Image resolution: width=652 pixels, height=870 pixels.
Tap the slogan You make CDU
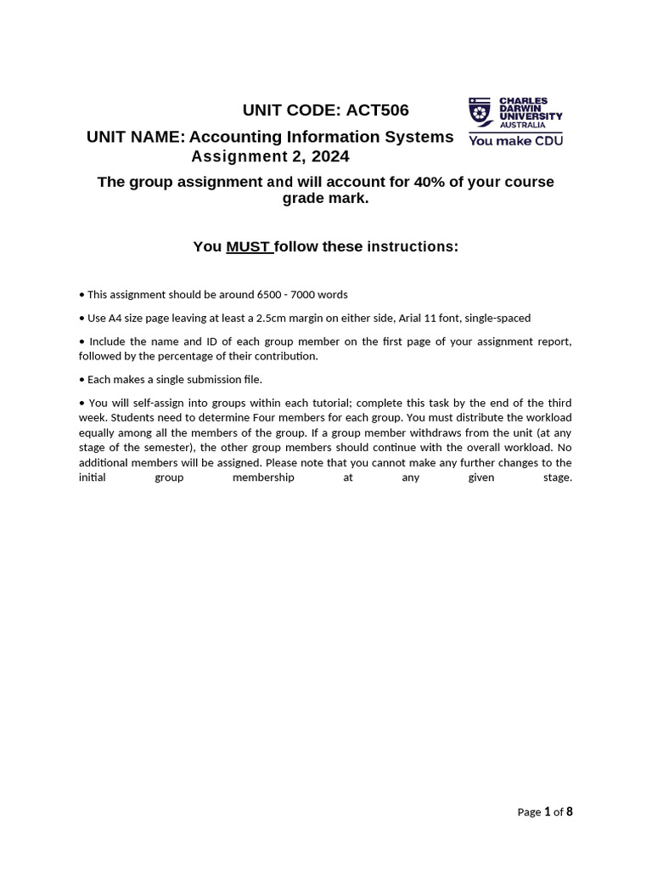[515, 141]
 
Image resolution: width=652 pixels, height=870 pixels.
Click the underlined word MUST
[247, 246]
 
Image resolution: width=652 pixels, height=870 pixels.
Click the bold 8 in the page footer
[570, 811]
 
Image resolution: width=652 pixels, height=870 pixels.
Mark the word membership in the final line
[263, 477]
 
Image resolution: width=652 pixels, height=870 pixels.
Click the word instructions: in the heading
[412, 246]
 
